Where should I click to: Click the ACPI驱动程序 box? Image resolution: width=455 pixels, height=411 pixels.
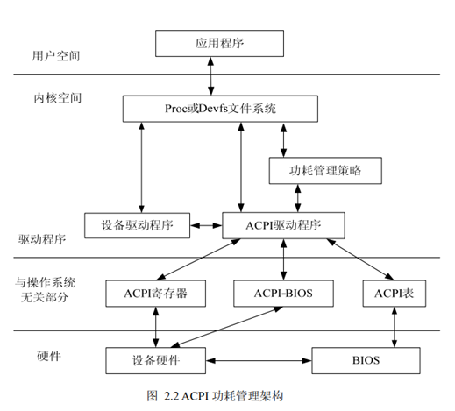tap(282, 225)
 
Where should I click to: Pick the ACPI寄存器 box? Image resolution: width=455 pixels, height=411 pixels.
tap(155, 292)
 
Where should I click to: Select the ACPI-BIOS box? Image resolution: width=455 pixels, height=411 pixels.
tap(282, 292)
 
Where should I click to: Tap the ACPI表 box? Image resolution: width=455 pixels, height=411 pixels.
tap(393, 292)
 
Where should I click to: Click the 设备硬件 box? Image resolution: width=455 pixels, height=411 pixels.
tap(155, 359)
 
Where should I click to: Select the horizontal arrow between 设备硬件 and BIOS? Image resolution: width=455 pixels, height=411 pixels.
tap(260, 359)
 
